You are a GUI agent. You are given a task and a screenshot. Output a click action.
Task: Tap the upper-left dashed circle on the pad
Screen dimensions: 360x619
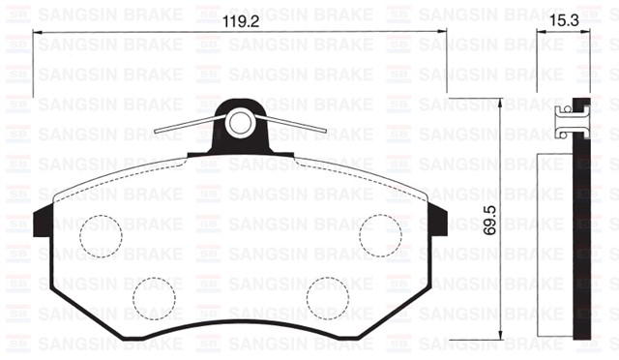pos(101,236)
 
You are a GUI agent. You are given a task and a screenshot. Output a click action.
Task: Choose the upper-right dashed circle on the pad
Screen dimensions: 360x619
pos(380,236)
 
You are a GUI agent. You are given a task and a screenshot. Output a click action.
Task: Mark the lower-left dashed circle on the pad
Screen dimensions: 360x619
pos(154,297)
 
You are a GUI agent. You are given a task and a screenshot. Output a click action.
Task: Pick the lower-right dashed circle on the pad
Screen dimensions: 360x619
pos(327,297)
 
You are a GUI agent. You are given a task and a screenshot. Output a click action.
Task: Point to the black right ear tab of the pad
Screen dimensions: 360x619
pos(437,222)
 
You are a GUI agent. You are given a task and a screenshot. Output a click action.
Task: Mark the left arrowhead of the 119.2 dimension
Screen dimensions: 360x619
pos(40,36)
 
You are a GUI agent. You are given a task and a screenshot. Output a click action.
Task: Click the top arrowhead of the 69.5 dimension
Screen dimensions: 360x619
pos(500,101)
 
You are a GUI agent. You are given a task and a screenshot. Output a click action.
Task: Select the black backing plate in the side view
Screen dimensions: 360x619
pos(581,232)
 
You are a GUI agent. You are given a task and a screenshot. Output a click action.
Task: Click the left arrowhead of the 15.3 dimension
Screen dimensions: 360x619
pos(541,36)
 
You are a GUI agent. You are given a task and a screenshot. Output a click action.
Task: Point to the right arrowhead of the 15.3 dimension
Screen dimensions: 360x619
pos(585,36)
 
